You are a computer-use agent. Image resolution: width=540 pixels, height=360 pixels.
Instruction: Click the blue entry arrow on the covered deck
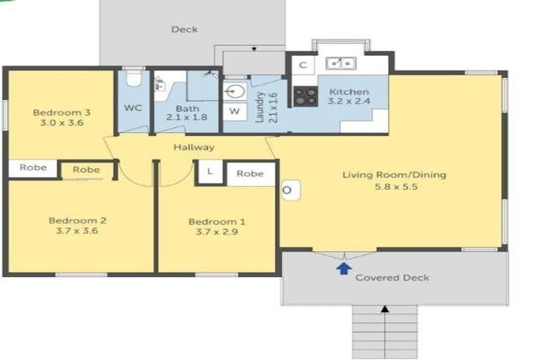tap(344, 269)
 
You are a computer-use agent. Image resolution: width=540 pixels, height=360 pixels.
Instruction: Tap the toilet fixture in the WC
tap(134, 78)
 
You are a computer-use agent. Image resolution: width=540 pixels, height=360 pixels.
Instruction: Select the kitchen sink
tap(341, 63)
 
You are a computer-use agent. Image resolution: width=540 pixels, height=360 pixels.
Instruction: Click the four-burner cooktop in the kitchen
tap(305, 96)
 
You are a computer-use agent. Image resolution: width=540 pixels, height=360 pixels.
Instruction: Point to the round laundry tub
tap(236, 91)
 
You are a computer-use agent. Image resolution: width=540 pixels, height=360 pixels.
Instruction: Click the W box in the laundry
tap(235, 111)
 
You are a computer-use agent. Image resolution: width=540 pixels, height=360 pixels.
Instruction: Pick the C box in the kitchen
tap(303, 65)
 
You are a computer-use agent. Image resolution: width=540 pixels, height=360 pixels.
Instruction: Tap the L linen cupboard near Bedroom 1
tap(210, 172)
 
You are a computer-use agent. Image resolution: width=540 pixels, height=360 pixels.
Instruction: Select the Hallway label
tap(194, 147)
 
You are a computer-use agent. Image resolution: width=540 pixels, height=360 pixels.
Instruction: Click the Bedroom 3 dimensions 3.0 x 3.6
tap(62, 122)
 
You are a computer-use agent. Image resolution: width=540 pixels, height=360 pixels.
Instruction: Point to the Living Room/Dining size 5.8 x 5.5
tap(396, 187)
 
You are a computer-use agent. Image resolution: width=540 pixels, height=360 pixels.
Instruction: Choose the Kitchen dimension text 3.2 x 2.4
tap(349, 101)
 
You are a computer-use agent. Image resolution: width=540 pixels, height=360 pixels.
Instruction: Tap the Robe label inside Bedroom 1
tap(250, 174)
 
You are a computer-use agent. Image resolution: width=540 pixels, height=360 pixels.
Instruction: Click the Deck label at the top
tap(185, 30)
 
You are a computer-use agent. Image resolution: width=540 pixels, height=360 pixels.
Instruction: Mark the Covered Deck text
tap(392, 278)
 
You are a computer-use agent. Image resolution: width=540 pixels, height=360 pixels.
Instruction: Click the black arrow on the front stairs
tap(385, 309)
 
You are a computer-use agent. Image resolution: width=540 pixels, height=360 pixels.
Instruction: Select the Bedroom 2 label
tap(77, 221)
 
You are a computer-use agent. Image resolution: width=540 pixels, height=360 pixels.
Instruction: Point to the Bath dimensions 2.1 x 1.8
tap(186, 117)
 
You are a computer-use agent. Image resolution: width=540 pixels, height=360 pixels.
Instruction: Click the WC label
tap(133, 108)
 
